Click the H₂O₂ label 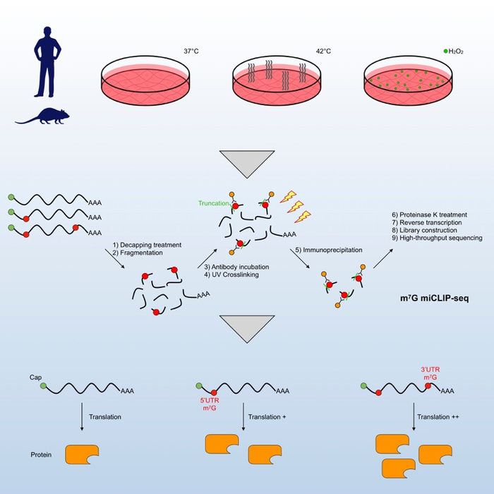point(455,52)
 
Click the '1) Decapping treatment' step point(146,245)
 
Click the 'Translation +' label point(270,417)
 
